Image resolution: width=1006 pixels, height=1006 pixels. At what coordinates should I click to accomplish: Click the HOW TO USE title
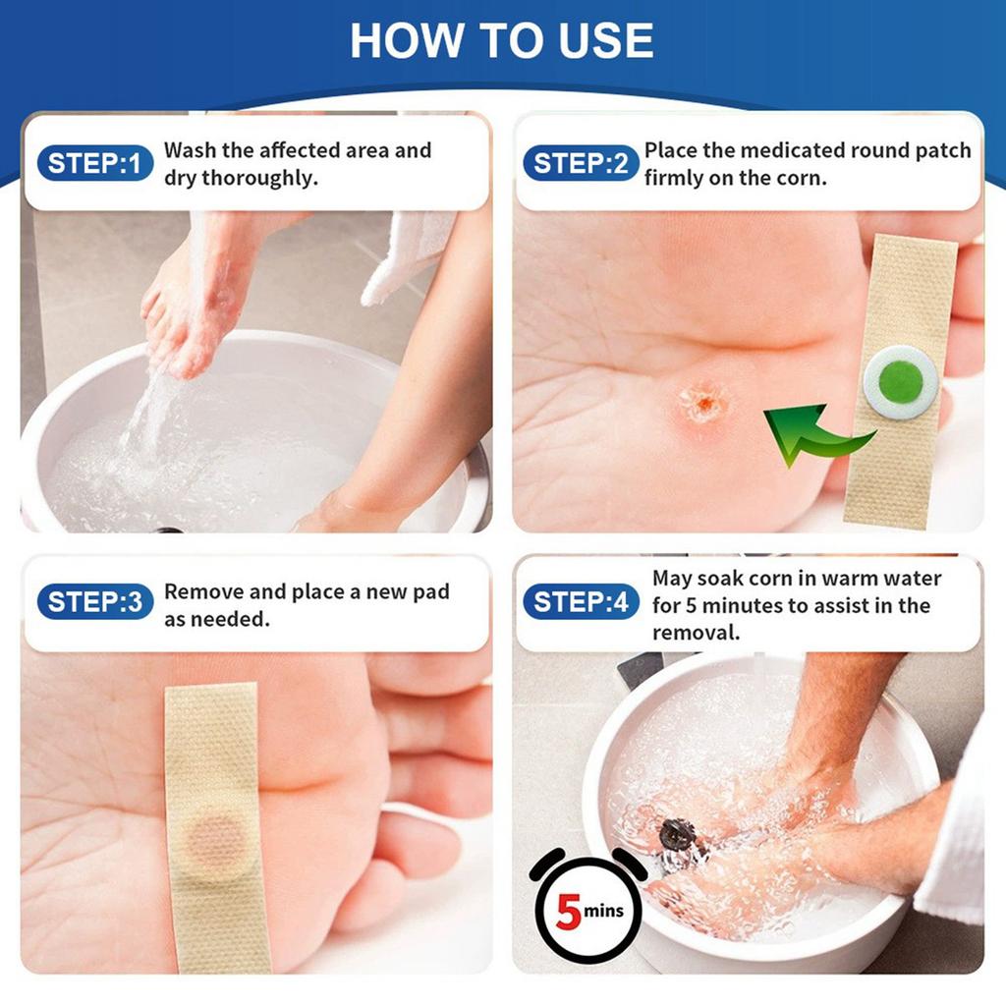(502, 40)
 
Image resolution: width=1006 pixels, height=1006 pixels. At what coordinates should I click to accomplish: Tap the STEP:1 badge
(95, 163)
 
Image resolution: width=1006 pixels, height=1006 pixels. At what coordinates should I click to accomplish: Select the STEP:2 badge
(581, 163)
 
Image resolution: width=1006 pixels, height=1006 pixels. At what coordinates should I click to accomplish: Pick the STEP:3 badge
(95, 602)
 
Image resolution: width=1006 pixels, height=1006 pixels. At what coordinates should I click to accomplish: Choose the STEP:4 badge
(581, 602)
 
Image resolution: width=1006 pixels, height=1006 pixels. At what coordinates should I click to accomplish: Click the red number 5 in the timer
(569, 911)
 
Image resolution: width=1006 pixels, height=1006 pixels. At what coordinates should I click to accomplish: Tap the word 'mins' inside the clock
(603, 911)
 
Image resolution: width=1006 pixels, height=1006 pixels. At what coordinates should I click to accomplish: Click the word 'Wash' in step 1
(190, 150)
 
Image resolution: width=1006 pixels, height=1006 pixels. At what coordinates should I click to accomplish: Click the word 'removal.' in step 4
(697, 634)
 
